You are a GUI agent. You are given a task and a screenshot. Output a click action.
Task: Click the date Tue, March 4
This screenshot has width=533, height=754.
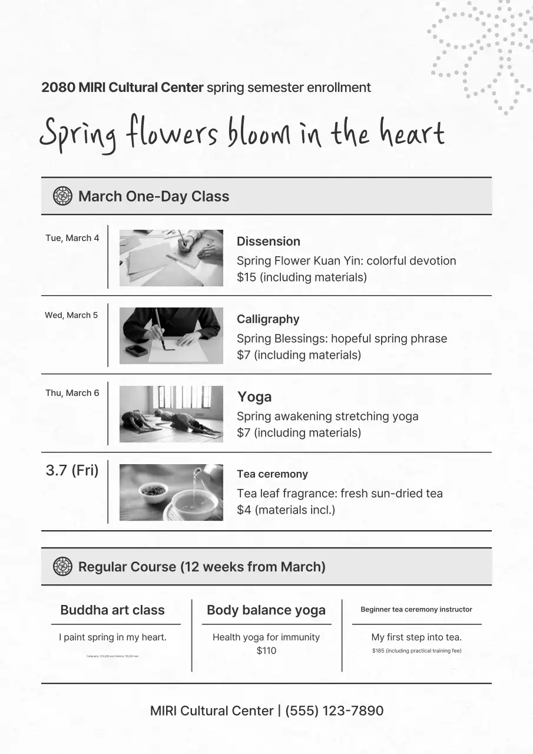tap(72, 238)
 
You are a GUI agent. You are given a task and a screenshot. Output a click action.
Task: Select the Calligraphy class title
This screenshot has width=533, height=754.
tap(268, 319)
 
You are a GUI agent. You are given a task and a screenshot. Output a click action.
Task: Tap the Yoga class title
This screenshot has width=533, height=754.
tap(254, 397)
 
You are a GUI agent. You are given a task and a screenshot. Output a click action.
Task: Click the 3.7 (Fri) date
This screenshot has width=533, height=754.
tap(72, 471)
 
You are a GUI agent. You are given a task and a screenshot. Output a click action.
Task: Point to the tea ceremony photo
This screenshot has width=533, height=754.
tap(171, 492)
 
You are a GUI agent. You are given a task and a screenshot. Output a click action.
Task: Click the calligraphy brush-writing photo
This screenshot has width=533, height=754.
tap(171, 336)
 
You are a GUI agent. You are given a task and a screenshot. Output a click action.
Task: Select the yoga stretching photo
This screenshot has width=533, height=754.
tap(171, 414)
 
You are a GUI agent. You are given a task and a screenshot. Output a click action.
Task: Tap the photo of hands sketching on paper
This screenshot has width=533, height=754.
tap(171, 258)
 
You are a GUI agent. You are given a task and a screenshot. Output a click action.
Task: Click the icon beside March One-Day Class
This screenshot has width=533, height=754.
tap(62, 196)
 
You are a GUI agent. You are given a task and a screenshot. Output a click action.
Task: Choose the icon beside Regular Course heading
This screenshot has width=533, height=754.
tap(62, 567)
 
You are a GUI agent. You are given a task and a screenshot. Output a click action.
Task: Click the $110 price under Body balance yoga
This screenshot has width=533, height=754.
tap(266, 651)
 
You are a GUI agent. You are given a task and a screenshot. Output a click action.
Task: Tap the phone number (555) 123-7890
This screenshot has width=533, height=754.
tap(334, 711)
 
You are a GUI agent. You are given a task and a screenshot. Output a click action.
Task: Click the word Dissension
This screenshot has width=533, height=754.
tap(268, 242)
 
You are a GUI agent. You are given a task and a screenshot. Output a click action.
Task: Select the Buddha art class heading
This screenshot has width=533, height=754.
tap(112, 610)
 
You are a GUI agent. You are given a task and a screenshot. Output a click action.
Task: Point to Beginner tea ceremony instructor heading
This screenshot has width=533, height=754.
tap(416, 610)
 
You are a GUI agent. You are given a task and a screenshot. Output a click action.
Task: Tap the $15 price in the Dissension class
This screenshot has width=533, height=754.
tap(246, 277)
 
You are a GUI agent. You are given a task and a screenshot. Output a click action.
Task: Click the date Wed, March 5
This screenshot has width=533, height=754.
tap(71, 315)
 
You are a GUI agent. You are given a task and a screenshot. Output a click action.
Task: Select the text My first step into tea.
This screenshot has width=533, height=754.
tap(416, 637)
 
